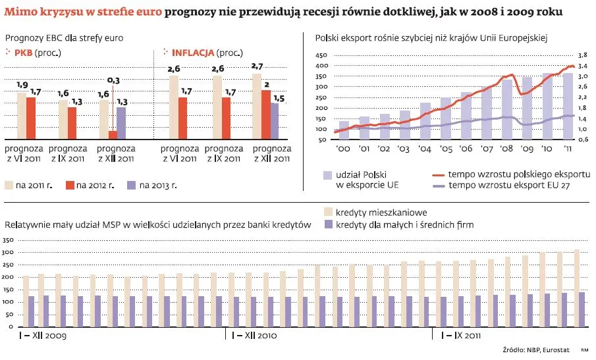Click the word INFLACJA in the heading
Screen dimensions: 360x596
point(192,52)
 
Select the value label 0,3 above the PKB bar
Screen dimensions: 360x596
point(113,80)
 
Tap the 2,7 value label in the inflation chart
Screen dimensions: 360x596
point(257,66)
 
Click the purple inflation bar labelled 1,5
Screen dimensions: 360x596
point(275,121)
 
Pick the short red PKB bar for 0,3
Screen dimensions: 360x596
point(113,135)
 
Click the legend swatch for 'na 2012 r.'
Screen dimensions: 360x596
point(70,186)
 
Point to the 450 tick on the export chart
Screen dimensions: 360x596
point(321,55)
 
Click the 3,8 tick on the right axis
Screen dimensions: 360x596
point(582,55)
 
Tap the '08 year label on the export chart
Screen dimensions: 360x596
point(507,150)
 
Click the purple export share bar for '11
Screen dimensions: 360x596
point(568,106)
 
